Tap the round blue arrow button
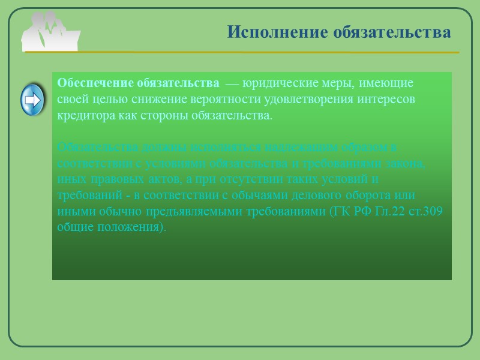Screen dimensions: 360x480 click(34, 100)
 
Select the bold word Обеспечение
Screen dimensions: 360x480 click(96, 83)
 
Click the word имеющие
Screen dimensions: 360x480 click(390, 83)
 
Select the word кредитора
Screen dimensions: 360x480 click(83, 115)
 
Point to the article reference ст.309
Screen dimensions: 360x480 click(424, 212)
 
